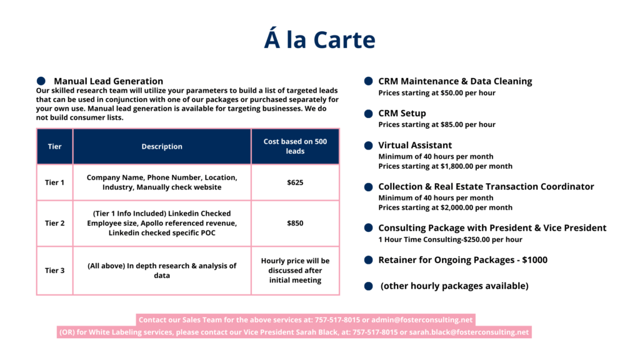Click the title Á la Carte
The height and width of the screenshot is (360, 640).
(319, 40)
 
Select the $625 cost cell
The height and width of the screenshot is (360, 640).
(295, 182)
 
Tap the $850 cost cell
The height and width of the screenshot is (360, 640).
(295, 223)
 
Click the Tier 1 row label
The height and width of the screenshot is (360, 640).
(54, 182)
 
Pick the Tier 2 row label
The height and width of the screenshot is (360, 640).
(54, 223)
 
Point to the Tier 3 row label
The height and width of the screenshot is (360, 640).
(54, 271)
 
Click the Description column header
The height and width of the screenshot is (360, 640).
(162, 147)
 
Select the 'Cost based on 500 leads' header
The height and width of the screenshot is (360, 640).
(295, 146)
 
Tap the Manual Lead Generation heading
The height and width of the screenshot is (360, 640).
(108, 81)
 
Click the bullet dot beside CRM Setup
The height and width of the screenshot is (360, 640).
(369, 113)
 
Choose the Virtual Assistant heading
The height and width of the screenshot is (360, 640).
(415, 146)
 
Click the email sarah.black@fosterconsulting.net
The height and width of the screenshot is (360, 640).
(469, 332)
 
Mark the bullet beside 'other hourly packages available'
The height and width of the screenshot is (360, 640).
(369, 286)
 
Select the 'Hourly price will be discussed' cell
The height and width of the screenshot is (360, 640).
(295, 270)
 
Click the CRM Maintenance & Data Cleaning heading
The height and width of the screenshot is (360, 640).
(455, 81)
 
